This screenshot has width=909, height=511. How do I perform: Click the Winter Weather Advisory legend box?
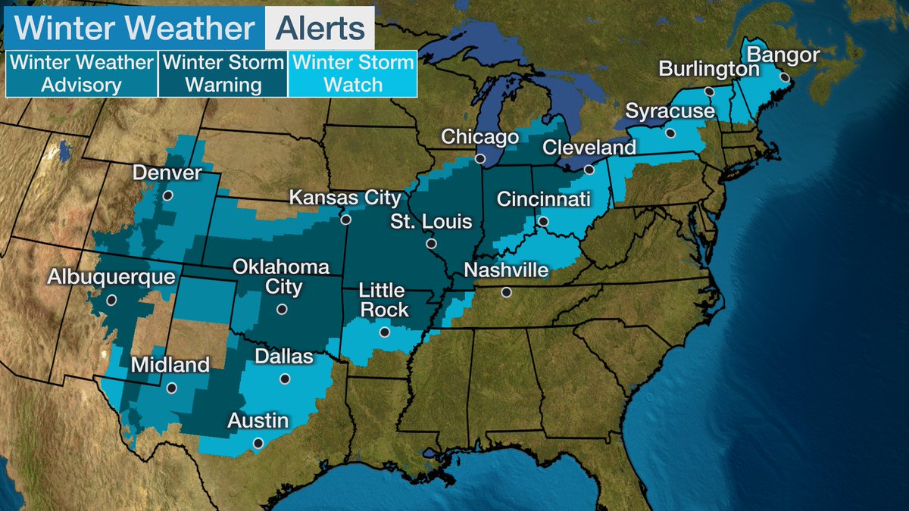pyautogui.click(x=81, y=73)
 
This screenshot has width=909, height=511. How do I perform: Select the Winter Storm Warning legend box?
pyautogui.click(x=223, y=73)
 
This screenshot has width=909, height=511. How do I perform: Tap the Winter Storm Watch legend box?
pyautogui.click(x=353, y=73)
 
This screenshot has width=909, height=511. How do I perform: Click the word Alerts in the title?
pyautogui.click(x=319, y=28)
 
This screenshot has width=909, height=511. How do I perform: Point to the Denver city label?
pyautogui.click(x=167, y=173)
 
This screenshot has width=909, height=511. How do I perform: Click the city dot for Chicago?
pyautogui.click(x=480, y=159)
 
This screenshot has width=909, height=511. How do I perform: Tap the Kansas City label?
pyautogui.click(x=345, y=198)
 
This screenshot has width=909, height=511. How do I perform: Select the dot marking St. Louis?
pyautogui.click(x=431, y=244)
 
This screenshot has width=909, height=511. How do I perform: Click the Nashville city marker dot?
pyautogui.click(x=506, y=292)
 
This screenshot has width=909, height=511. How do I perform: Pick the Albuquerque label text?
pyautogui.click(x=111, y=277)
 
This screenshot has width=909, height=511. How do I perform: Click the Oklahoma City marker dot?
pyautogui.click(x=282, y=309)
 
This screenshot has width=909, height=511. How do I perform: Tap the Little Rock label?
pyautogui.click(x=383, y=301)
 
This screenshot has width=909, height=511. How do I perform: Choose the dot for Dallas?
pyautogui.click(x=285, y=379)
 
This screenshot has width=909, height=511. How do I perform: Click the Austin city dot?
pyautogui.click(x=258, y=443)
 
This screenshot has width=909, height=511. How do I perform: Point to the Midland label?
pyautogui.click(x=170, y=366)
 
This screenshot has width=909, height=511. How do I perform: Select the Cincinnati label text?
pyautogui.click(x=543, y=200)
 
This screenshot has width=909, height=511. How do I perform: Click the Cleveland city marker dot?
pyautogui.click(x=589, y=170)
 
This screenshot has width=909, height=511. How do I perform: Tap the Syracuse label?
pyautogui.click(x=670, y=112)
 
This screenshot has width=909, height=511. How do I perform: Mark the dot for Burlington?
pyautogui.click(x=710, y=91)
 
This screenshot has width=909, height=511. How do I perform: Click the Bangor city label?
pyautogui.click(x=783, y=55)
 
